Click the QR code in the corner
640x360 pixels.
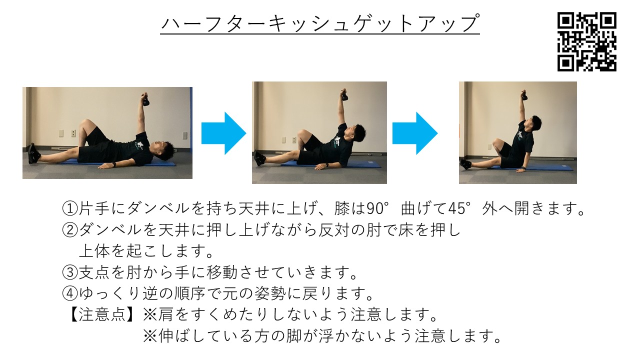[587, 41]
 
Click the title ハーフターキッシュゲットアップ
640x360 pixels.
[320, 23]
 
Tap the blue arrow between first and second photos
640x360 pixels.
[223, 133]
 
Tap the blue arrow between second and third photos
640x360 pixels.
[414, 133]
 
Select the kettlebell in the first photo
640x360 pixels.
[145, 99]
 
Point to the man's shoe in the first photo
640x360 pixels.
[33, 153]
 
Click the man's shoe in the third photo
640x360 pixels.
[465, 163]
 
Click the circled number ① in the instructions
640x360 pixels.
[68, 208]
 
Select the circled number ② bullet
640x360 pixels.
[68, 230]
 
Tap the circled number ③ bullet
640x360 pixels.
[68, 273]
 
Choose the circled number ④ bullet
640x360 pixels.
[68, 294]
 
